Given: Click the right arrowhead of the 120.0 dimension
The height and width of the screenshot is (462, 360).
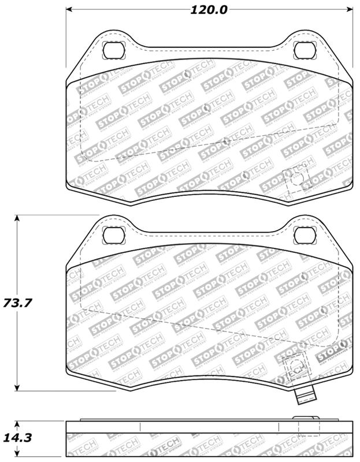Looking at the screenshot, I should [350, 10].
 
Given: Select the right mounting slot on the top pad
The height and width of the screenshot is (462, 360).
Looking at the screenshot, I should [303, 50].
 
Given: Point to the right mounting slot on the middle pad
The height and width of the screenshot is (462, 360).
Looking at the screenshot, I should [303, 234].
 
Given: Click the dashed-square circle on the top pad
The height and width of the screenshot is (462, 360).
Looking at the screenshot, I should [297, 178].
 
